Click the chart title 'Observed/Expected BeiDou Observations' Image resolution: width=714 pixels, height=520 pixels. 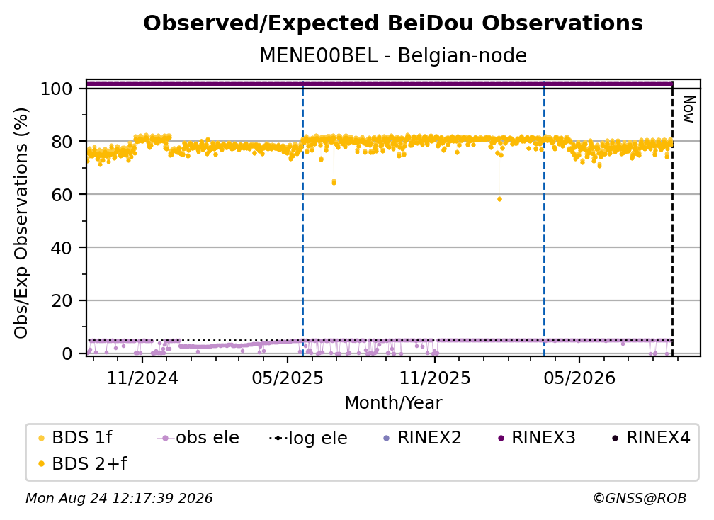click(x=393, y=23)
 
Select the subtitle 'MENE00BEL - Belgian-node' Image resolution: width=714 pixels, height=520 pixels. click(x=393, y=55)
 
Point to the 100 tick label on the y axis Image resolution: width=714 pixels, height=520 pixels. click(x=57, y=89)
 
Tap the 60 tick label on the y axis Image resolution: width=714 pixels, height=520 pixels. click(x=62, y=194)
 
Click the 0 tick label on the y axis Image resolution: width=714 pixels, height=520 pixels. click(x=67, y=354)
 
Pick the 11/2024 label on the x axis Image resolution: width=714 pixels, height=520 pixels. click(x=142, y=378)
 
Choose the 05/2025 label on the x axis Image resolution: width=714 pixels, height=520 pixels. click(x=288, y=378)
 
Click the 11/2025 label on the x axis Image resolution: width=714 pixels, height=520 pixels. click(x=435, y=378)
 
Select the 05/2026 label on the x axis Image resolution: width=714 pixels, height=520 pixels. click(x=579, y=378)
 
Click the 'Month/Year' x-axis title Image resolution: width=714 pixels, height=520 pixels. click(x=393, y=403)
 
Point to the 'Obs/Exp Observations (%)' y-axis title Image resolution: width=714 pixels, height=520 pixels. click(x=21, y=223)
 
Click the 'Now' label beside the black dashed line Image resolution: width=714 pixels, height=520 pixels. click(x=688, y=109)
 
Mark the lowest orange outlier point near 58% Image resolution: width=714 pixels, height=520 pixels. click(x=499, y=199)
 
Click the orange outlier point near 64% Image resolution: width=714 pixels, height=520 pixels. click(x=334, y=182)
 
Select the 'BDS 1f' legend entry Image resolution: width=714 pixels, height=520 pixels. click(x=74, y=438)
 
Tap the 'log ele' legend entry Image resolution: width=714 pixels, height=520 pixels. click(x=308, y=438)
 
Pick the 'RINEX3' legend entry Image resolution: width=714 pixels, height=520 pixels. click(x=536, y=438)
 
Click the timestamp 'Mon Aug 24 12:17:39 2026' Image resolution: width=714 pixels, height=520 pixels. click(x=119, y=498)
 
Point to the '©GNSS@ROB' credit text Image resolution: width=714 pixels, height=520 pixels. click(x=640, y=498)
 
